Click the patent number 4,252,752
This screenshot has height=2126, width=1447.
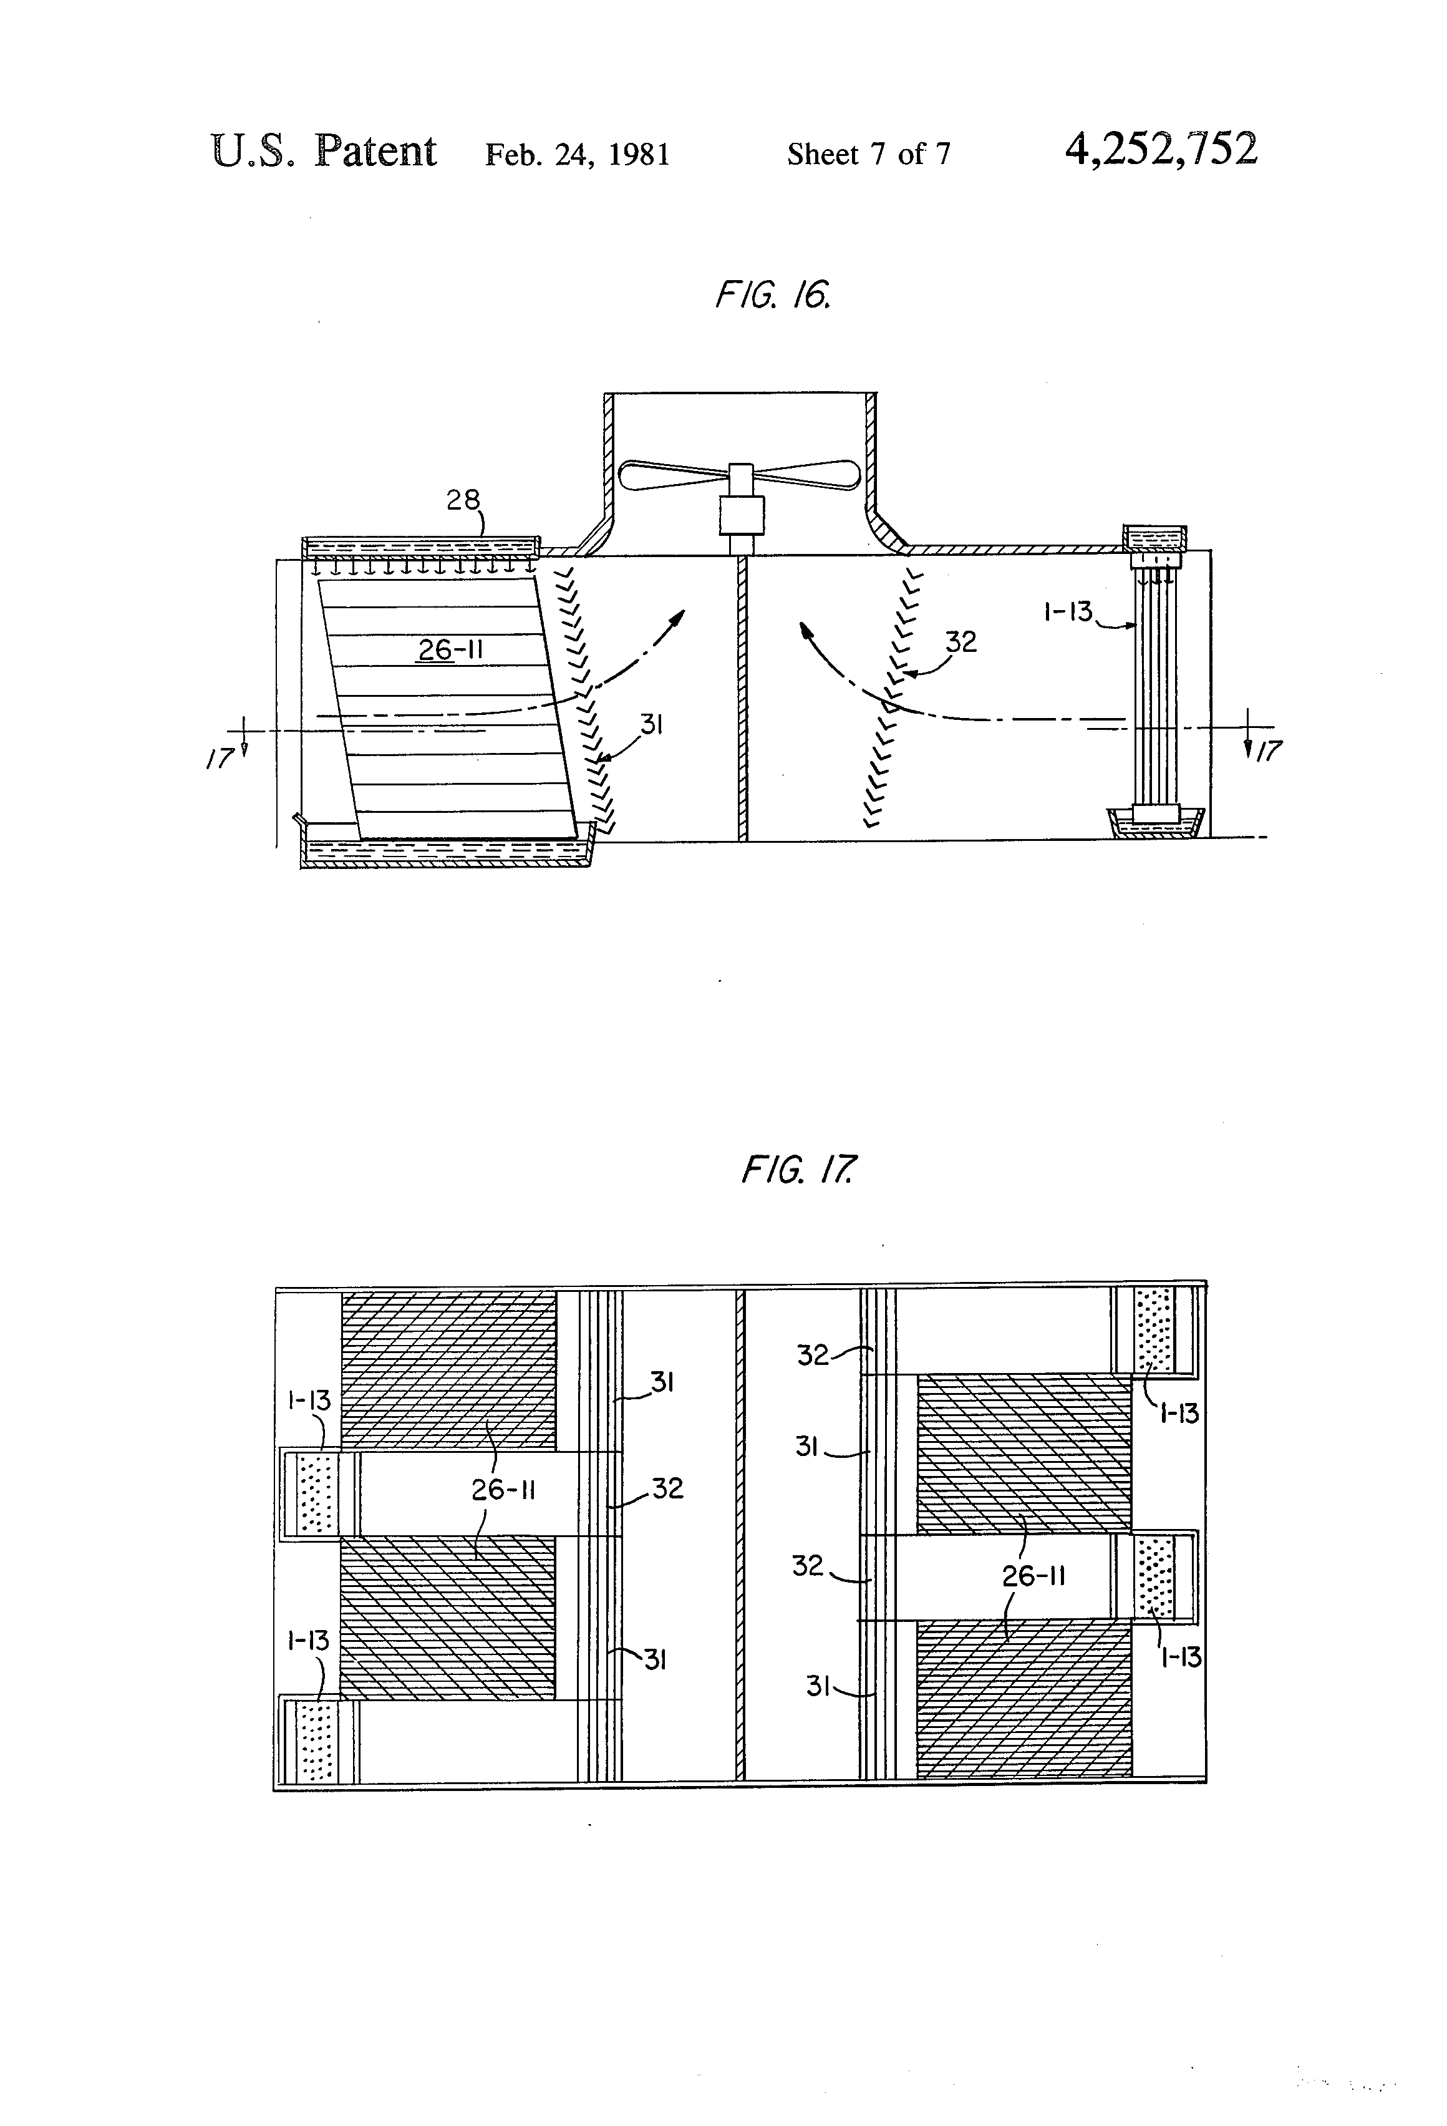coord(1161,149)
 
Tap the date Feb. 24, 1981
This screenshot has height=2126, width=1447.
coord(577,153)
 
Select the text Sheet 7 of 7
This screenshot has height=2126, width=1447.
coord(868,153)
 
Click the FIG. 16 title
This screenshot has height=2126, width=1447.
coord(773,296)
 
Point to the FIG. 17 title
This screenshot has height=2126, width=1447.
coord(798,1169)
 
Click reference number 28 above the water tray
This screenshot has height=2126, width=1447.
coord(463,500)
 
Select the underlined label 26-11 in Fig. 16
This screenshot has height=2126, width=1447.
coord(450,649)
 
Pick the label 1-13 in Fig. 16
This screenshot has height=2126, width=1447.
coord(1068,611)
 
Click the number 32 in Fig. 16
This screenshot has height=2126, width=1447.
coord(961,641)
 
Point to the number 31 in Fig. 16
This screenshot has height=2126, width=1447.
coord(651,726)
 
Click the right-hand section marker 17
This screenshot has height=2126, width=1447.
coord(1268,752)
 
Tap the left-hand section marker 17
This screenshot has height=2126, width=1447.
coord(220,759)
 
